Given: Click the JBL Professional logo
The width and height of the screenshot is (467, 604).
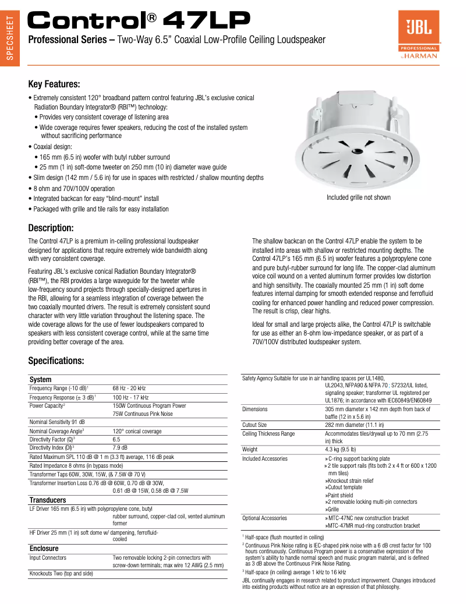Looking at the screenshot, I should [418, 35].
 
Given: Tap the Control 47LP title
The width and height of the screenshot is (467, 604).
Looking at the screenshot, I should [140, 22].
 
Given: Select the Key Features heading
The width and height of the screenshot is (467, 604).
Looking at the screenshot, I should [54, 84].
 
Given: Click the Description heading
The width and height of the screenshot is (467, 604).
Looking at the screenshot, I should [51, 228].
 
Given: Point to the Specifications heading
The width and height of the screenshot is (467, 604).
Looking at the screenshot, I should [56, 361].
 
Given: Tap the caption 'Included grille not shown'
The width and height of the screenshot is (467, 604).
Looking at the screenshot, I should [358, 197].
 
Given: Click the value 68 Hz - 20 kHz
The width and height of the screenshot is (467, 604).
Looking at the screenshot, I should [129, 388].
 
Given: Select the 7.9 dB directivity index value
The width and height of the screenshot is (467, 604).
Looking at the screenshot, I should [120, 447].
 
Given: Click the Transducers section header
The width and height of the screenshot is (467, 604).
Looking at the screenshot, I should [48, 500].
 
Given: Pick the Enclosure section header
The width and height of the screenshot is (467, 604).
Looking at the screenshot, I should [44, 549].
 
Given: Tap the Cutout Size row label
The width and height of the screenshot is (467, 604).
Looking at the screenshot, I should [254, 425].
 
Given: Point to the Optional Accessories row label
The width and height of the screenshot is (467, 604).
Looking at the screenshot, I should [264, 518].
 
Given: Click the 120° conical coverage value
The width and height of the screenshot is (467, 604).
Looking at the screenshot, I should [137, 431].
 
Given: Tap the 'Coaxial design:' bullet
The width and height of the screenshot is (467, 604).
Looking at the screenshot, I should [53, 147].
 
